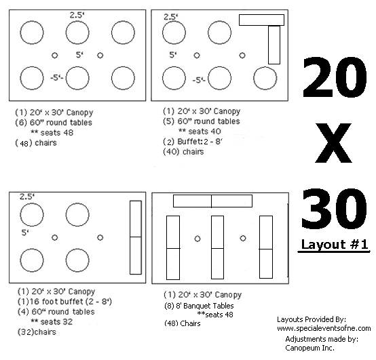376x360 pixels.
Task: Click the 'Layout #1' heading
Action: point(335,245)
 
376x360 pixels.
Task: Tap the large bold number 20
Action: point(335,77)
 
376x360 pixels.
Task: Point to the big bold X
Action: point(333,143)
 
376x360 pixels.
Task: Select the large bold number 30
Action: point(335,208)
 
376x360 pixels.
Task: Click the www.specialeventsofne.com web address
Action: point(324,328)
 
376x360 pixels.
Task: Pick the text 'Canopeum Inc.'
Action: point(309,348)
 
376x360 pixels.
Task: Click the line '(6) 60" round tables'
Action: point(54,123)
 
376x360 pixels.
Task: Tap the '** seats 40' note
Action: point(200,132)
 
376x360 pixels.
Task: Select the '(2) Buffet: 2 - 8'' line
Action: point(193,142)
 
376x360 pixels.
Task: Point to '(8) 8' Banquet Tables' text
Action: point(199,306)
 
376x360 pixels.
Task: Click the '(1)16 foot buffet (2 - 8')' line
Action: point(64,301)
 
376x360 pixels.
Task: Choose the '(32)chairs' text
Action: point(37,332)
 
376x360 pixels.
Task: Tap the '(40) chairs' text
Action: point(183,152)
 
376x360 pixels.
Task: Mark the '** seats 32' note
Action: point(52,321)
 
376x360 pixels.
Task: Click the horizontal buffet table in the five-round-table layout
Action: point(261,20)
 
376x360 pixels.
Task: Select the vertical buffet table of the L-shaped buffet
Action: point(274,45)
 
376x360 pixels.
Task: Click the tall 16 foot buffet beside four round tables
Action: point(136,237)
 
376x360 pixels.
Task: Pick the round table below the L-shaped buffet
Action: point(265,79)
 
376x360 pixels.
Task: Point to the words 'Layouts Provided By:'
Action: point(312,319)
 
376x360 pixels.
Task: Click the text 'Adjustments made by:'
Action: point(322,339)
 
